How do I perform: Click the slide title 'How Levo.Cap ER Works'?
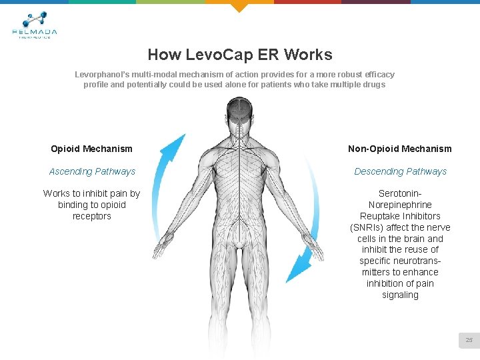[x=240, y=55]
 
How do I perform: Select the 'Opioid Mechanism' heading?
[x=91, y=149]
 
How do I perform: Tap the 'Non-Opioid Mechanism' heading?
[x=400, y=149]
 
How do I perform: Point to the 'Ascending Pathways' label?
[x=92, y=171]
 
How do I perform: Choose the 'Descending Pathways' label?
[x=400, y=171]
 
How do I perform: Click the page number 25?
[x=469, y=341]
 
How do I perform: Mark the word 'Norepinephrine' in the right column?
[x=400, y=205]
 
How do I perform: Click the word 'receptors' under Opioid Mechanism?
[x=91, y=216]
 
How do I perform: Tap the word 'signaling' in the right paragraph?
[x=400, y=295]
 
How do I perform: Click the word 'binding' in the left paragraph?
[x=73, y=205]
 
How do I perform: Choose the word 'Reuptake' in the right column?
[x=379, y=216]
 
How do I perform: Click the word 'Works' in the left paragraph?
[x=57, y=193]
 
